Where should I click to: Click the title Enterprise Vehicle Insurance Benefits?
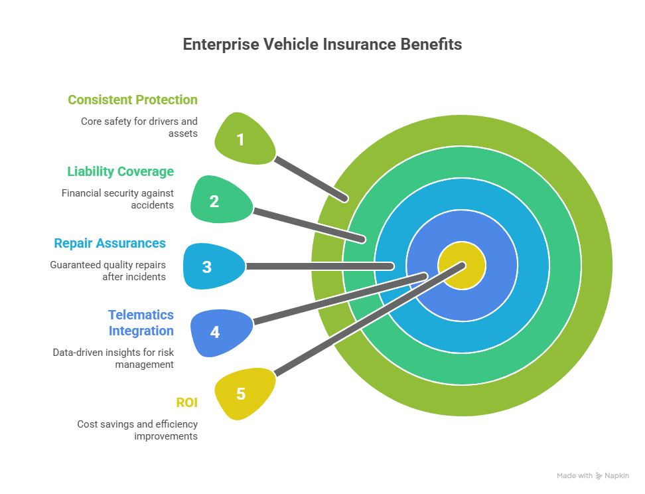(x=322, y=45)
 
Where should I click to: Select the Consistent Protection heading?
(x=133, y=100)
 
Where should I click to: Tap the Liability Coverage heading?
(x=120, y=172)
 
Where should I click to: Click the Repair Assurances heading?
(x=109, y=244)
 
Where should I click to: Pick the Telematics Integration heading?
(x=141, y=323)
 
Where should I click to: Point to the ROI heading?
(x=186, y=402)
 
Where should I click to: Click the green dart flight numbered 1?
(x=243, y=139)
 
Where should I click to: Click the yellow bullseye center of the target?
(x=462, y=266)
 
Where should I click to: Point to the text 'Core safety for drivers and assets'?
(x=139, y=127)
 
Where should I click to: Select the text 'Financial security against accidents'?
(x=117, y=199)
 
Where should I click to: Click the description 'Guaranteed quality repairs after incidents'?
(x=107, y=270)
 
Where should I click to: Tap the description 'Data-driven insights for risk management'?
(x=113, y=358)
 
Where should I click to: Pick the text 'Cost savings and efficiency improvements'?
(x=137, y=430)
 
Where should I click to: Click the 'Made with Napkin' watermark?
(x=592, y=475)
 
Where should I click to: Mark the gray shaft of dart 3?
(x=319, y=266)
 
